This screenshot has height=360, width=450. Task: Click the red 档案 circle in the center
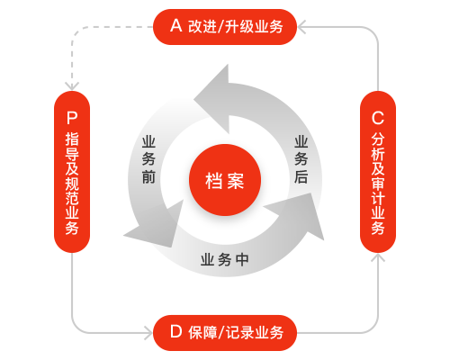click(x=225, y=180)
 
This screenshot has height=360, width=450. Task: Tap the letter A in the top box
click(x=176, y=25)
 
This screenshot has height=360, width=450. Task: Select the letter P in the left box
click(x=72, y=118)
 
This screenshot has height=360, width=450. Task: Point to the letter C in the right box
click(x=378, y=118)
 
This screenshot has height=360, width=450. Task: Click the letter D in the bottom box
click(x=176, y=331)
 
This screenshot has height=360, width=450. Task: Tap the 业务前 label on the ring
click(x=148, y=159)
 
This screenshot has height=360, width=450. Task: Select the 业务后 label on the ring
click(x=301, y=159)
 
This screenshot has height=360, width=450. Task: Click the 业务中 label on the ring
click(x=225, y=259)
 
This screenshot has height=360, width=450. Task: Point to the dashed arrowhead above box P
click(x=72, y=85)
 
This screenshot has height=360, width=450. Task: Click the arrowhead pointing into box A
click(x=301, y=27)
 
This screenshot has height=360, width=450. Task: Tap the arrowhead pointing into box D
click(x=148, y=333)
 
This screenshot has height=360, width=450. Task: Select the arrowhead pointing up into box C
click(x=378, y=257)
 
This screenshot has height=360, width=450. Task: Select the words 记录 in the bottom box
click(x=239, y=332)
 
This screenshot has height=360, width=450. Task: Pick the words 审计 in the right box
click(x=378, y=191)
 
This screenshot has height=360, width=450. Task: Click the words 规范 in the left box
click(x=72, y=191)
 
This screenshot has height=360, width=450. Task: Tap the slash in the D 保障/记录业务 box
click(x=221, y=332)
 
